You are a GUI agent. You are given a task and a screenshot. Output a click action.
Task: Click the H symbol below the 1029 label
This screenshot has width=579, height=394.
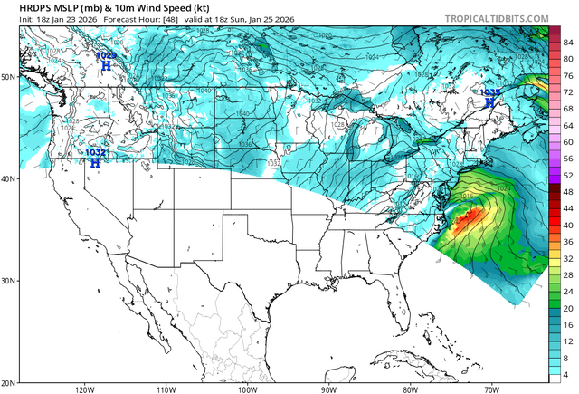click(x=106, y=66)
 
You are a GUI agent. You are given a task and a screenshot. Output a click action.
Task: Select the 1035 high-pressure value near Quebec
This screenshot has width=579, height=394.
click(x=489, y=92)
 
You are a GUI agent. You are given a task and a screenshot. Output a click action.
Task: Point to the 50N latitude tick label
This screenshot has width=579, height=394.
click(x=8, y=77)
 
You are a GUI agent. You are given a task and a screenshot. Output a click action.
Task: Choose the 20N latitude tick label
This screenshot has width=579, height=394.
click(x=8, y=382)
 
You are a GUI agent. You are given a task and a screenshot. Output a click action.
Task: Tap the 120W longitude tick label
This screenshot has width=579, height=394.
click(x=86, y=389)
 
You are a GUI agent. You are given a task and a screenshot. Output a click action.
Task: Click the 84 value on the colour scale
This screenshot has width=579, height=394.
click(x=568, y=43)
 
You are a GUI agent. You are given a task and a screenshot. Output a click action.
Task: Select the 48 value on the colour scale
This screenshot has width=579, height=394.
click(x=568, y=192)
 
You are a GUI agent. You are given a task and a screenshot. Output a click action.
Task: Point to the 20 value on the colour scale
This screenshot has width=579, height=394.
click(x=568, y=308)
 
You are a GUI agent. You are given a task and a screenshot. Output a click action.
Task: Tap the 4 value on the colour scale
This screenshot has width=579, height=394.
click(x=568, y=374)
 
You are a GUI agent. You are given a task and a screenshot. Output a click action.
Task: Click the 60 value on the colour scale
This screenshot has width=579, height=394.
click(x=568, y=142)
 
